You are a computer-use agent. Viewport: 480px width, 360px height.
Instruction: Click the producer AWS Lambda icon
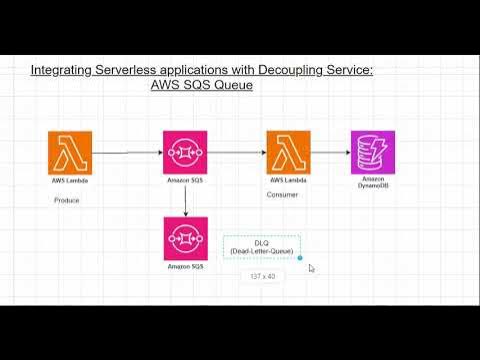tap(69, 152)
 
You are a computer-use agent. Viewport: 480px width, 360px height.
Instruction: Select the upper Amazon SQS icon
tap(185, 152)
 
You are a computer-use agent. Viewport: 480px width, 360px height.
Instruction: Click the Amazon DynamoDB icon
tap(372, 152)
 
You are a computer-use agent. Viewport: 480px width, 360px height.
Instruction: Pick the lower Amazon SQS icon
tap(185, 238)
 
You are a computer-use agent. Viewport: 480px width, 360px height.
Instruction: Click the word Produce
tap(67, 200)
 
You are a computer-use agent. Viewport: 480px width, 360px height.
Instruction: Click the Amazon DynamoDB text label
tap(372, 183)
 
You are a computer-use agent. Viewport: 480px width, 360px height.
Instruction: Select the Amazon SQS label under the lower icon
tap(185, 267)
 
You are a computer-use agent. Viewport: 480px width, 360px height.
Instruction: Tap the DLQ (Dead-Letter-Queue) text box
tap(261, 246)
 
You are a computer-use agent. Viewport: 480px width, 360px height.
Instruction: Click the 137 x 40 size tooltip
tap(261, 275)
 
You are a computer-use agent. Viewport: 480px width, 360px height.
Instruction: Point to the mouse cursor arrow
tap(312, 268)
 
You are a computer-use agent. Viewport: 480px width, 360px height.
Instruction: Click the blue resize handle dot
tap(300, 258)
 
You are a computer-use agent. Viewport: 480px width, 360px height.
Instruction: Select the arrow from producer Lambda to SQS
tap(127, 153)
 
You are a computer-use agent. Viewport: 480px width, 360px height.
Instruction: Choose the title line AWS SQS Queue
tap(202, 86)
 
